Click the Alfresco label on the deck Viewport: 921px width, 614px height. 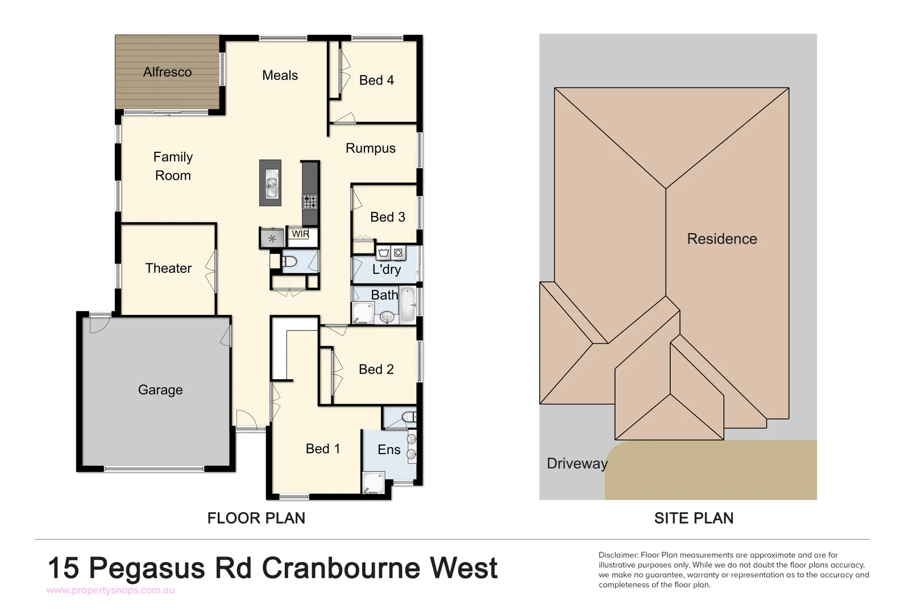[x=167, y=72]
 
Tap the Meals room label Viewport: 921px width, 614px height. [x=280, y=76]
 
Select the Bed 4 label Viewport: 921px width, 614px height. [x=376, y=81]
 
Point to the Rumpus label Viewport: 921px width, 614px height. [x=370, y=148]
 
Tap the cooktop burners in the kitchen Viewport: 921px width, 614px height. [x=310, y=201]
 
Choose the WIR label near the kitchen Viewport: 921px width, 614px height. [x=300, y=234]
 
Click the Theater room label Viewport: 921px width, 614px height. [x=168, y=268]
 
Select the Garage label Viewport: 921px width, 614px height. [x=160, y=390]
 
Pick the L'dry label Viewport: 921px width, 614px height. [x=387, y=269]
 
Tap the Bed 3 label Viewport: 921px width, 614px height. [x=387, y=217]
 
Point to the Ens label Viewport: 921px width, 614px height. [x=389, y=450]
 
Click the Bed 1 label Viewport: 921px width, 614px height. [x=322, y=449]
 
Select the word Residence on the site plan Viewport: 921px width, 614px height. [x=721, y=239]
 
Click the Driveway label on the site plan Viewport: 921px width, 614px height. [x=576, y=463]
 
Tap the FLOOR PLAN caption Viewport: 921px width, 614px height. [x=256, y=518]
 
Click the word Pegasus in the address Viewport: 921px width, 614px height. [x=147, y=568]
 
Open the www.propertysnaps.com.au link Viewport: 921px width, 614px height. [x=110, y=590]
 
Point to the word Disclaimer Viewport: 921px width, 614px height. [x=618, y=555]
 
